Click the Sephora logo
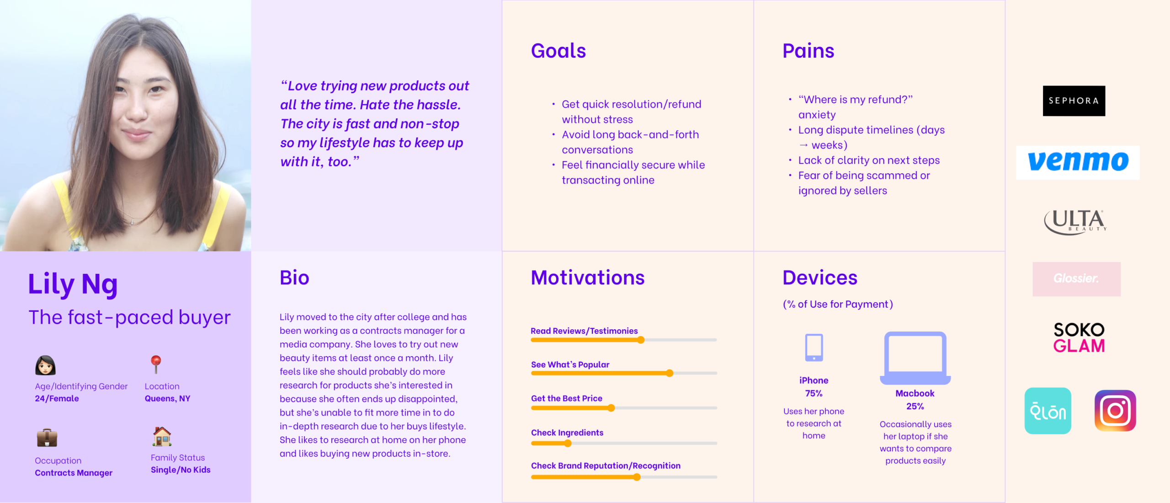[x=1074, y=101]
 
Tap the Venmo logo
[x=1078, y=162]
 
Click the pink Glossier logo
[x=1076, y=279]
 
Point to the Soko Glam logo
[x=1079, y=337]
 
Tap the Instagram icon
[x=1115, y=410]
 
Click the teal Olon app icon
[x=1048, y=411]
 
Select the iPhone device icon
[x=814, y=348]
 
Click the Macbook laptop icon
[x=915, y=359]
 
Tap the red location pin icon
[x=156, y=364]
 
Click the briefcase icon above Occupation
[x=47, y=438]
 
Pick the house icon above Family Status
[x=162, y=436]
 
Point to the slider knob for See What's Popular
[x=670, y=373]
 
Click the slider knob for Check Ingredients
[x=568, y=443]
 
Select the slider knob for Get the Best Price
[x=611, y=408]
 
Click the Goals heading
[x=558, y=51]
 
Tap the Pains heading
[x=808, y=51]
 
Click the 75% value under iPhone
[x=814, y=393]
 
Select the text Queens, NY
[x=167, y=399]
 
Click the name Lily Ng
[x=73, y=284]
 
